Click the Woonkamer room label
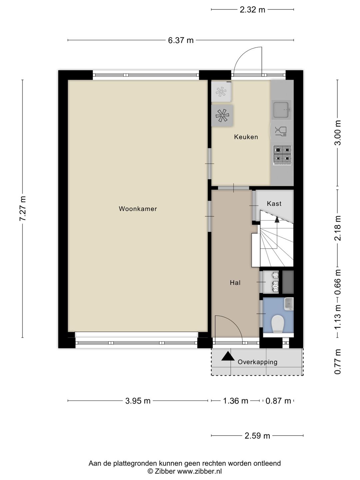(138, 209)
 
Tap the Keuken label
(246, 137)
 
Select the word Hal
(235, 283)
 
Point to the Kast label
(274, 204)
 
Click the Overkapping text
(257, 362)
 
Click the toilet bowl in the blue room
(278, 324)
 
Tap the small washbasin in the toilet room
(289, 304)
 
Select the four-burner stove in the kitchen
(282, 155)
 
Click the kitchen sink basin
(281, 110)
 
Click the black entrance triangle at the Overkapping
(228, 356)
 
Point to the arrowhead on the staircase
(277, 219)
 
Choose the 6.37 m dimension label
(181, 40)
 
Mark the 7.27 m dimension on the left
(23, 208)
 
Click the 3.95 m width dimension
(138, 401)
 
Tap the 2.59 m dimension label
(257, 436)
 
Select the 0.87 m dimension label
(278, 401)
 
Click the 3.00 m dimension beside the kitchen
(338, 133)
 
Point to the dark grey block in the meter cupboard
(288, 282)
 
